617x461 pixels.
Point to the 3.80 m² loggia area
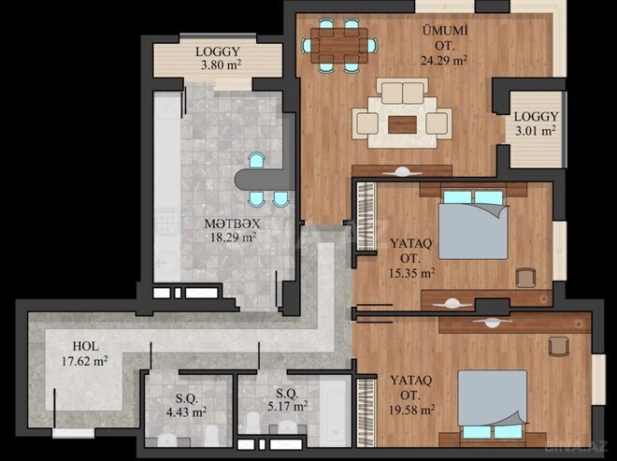(x=219, y=66)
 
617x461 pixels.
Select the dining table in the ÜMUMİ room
(x=341, y=44)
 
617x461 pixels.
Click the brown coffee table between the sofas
(x=402, y=122)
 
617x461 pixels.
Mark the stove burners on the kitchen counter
(x=167, y=223)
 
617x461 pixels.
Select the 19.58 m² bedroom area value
(x=413, y=410)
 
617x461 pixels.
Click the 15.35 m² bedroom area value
(x=412, y=273)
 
